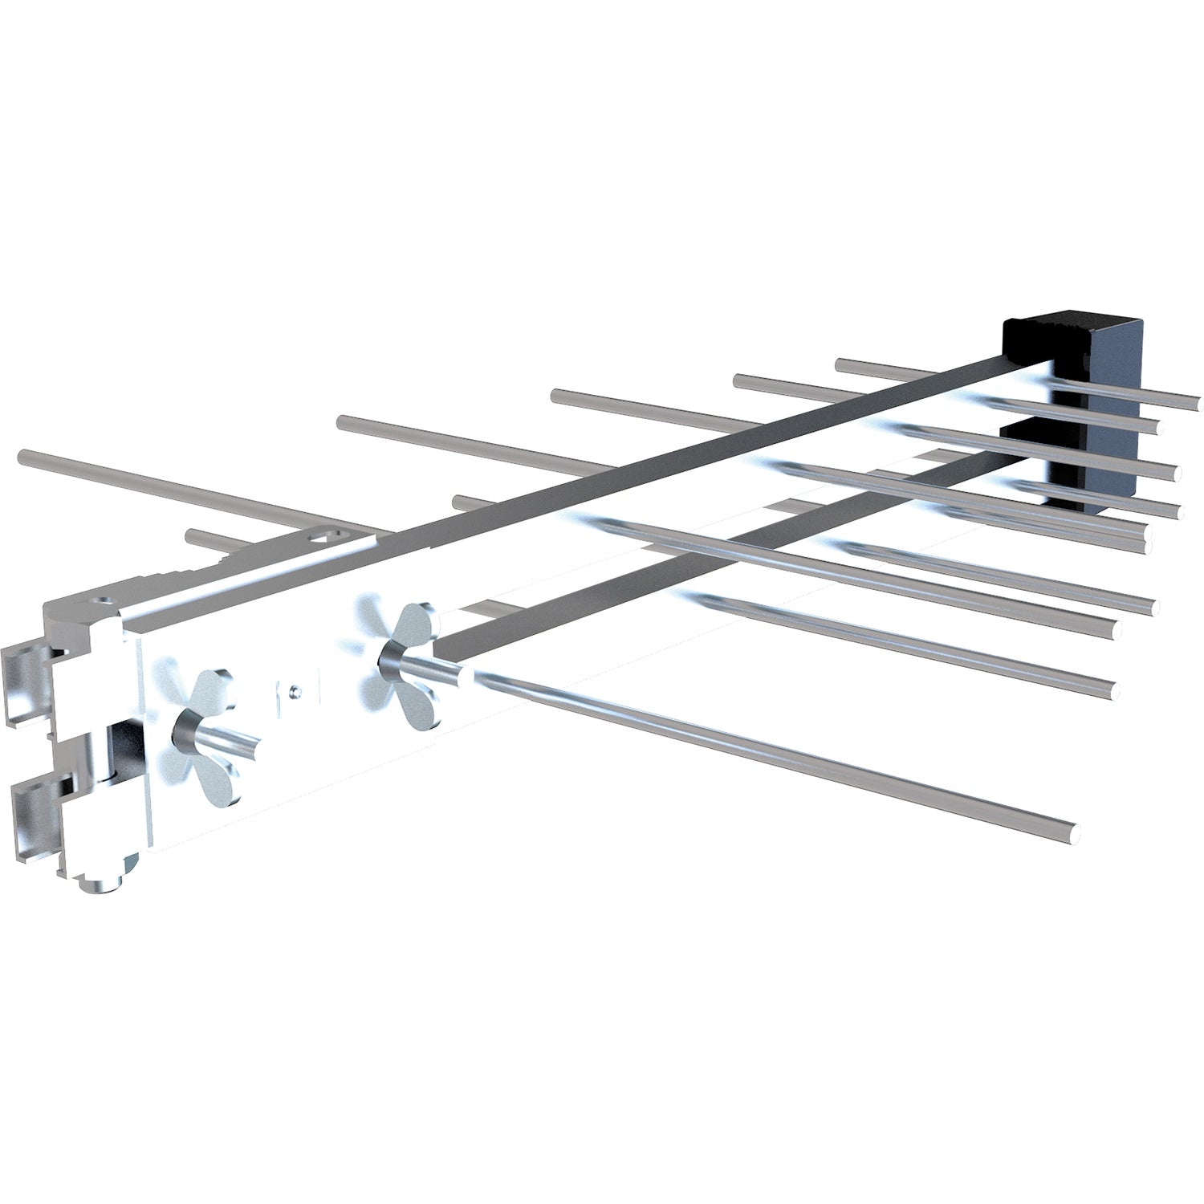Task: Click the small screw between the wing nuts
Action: click(296, 688)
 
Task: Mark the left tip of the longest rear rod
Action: click(22, 458)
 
